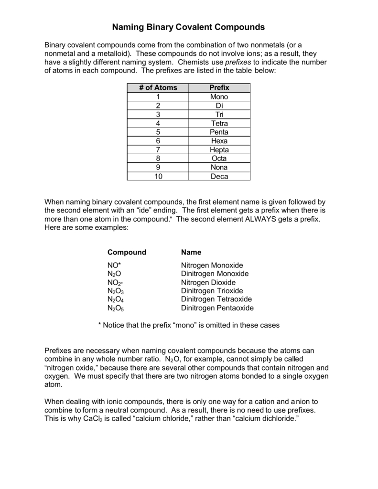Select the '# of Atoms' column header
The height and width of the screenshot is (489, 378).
158,88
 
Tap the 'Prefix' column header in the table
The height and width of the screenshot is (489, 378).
219,88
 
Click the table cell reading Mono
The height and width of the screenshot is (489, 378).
219,97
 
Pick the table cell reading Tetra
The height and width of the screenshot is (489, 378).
219,123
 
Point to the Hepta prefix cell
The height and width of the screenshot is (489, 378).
219,150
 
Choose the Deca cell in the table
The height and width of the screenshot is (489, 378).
219,176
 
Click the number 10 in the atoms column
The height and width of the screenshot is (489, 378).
158,176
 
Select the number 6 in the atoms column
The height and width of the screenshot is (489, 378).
158,141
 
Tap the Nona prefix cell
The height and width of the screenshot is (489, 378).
219,168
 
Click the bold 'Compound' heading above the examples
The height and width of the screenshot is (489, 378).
127,252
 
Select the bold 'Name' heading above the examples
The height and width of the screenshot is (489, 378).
191,252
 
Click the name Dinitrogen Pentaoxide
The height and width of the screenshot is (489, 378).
217,308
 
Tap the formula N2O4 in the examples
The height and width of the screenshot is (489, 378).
116,300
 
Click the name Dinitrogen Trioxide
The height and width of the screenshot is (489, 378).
212,291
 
